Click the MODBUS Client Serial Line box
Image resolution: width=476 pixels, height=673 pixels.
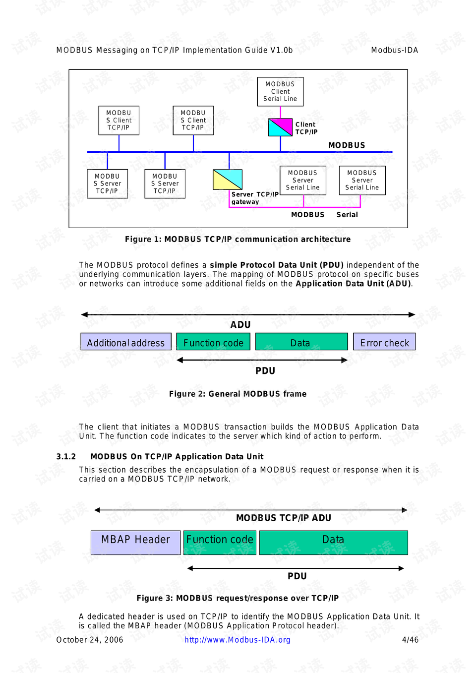280,92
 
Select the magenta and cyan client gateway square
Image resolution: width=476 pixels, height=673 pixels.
280,127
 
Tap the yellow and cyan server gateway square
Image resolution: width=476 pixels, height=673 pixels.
228,180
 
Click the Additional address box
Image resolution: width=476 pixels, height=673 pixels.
126,342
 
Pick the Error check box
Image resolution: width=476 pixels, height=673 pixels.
384,342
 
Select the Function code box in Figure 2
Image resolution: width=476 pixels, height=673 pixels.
213,342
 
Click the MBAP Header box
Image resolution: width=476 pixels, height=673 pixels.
135,542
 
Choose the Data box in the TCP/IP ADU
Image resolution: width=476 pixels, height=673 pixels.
333,542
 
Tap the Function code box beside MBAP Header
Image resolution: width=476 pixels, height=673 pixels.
220,542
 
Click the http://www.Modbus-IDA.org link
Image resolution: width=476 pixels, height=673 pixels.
237,640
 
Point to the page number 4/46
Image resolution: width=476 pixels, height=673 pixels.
410,640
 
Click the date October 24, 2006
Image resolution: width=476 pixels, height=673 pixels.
90,640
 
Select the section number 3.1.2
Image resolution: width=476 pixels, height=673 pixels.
66,456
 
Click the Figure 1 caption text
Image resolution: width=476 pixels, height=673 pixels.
238,239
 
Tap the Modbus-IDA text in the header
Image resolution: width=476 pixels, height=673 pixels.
394,50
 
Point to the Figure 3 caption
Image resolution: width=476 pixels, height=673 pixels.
238,598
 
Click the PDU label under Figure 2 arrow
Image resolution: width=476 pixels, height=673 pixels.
265,371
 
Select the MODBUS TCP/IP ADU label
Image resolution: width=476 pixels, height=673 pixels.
284,518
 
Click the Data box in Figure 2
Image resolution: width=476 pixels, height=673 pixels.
301,342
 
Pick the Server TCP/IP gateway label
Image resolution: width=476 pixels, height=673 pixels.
254,198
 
